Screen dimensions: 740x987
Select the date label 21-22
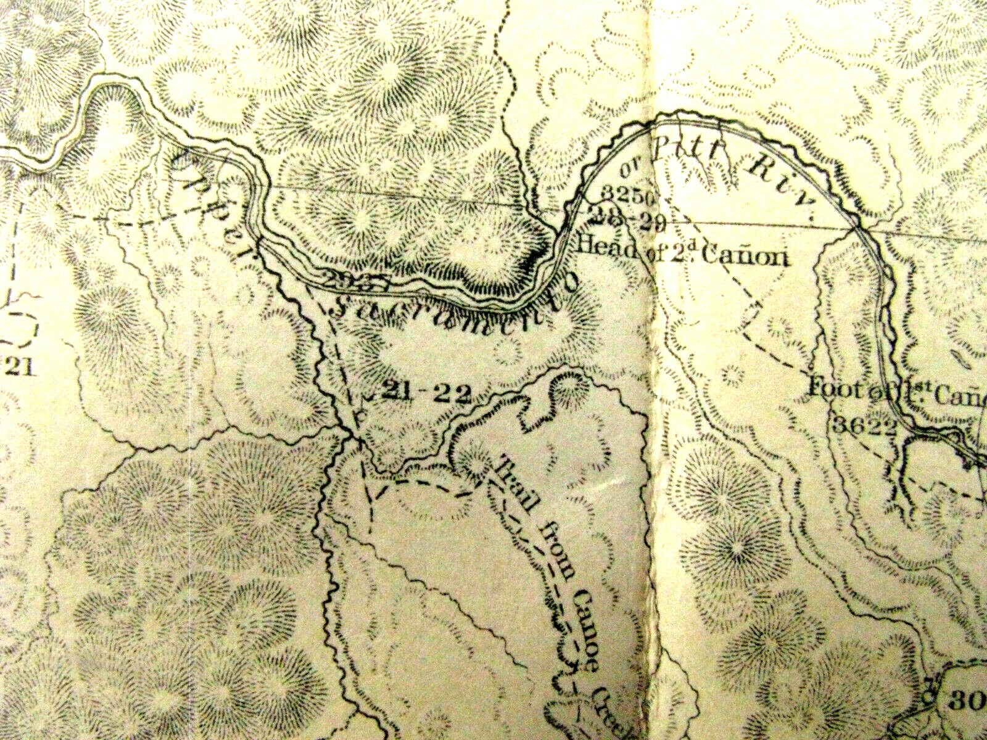(x=426, y=392)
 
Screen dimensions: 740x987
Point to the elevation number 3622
(x=864, y=425)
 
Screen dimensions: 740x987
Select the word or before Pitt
(x=629, y=166)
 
